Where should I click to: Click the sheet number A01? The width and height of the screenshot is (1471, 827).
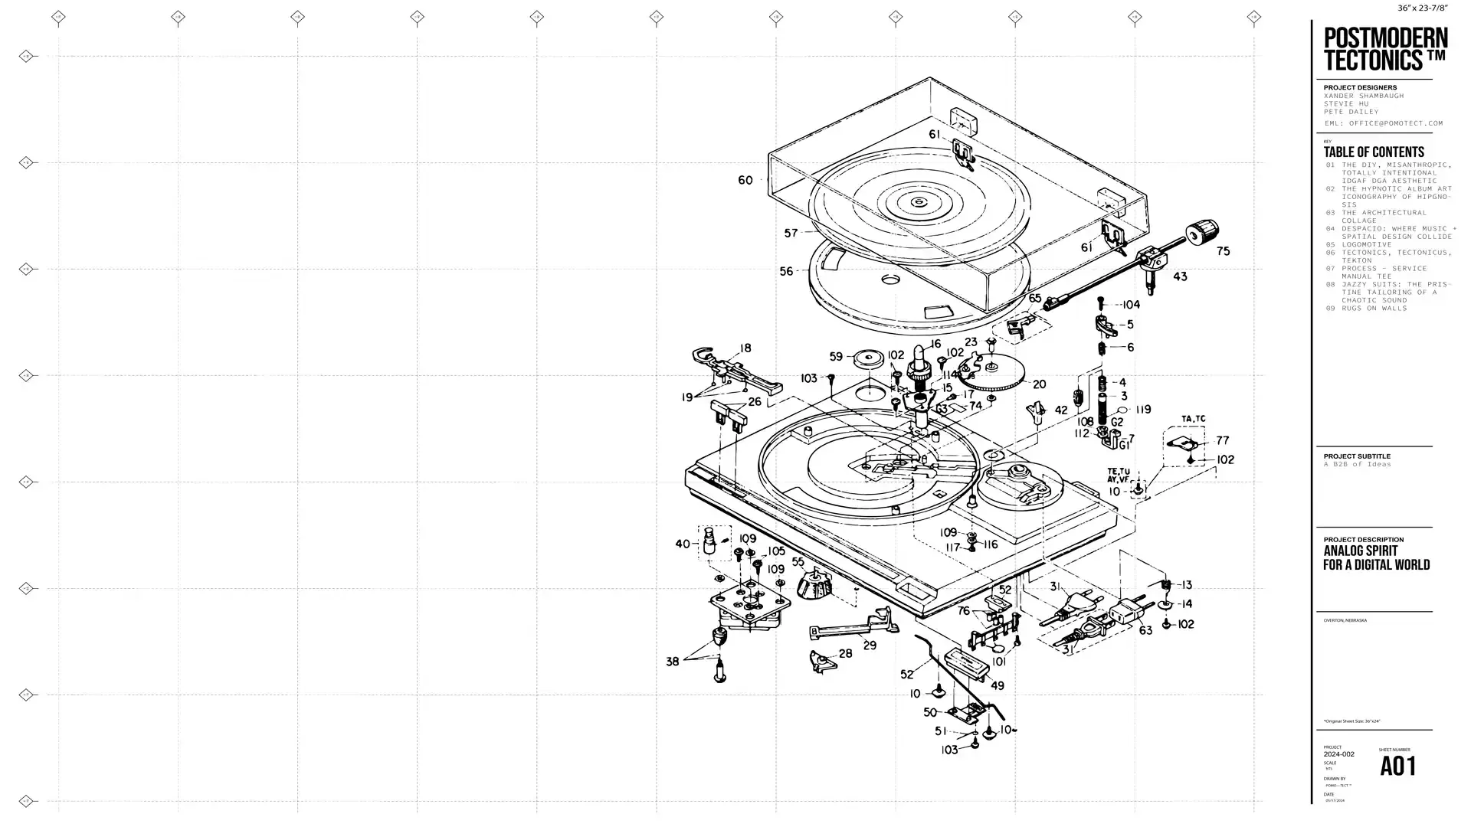tap(1397, 767)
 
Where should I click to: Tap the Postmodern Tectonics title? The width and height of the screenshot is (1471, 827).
tap(1385, 49)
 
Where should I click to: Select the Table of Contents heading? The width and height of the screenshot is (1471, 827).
tap(1373, 152)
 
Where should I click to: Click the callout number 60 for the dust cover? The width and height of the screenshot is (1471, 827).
tap(745, 180)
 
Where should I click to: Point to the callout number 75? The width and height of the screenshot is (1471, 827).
tap(1223, 251)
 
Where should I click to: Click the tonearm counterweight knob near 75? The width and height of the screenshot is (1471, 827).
tap(1203, 230)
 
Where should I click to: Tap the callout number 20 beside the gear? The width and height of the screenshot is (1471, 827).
tap(1039, 384)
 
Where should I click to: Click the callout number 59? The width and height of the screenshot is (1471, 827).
tap(836, 356)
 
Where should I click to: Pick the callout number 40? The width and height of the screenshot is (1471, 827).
tap(682, 544)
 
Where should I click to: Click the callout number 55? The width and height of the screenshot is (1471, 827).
tap(798, 562)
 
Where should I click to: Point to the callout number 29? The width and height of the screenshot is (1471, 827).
tap(870, 646)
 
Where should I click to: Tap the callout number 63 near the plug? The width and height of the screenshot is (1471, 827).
tap(1145, 630)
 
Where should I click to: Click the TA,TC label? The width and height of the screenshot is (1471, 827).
tap(1193, 419)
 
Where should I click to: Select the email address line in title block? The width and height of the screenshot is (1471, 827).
tap(1384, 123)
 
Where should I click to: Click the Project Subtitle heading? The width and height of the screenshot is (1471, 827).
tap(1356, 456)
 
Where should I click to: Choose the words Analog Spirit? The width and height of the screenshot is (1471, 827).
tap(1360, 551)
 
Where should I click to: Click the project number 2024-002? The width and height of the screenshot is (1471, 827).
tap(1338, 754)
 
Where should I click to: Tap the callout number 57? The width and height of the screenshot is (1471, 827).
tap(791, 233)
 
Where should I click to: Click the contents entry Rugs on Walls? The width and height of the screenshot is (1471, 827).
tap(1374, 309)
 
